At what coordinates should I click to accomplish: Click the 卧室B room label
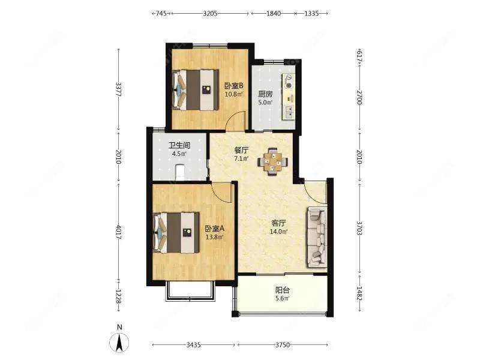tap(234, 86)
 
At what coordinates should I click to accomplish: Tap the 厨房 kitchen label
tap(265, 94)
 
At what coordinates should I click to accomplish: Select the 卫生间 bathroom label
tap(179, 145)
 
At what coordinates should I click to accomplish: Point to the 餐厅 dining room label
tap(241, 150)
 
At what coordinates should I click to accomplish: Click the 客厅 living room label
tap(278, 223)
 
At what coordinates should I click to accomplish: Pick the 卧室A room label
tap(215, 229)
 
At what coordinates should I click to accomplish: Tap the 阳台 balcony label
tap(282, 290)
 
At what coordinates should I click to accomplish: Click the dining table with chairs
tap(273, 161)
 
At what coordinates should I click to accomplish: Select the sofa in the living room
tap(317, 236)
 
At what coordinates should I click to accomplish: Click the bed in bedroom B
tap(196, 90)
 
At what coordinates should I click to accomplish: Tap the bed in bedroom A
tap(176, 233)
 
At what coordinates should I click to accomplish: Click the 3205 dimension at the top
tap(211, 13)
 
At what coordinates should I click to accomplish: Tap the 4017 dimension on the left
tap(119, 233)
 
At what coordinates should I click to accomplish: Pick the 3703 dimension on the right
tap(359, 228)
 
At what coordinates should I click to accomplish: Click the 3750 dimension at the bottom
tap(282, 345)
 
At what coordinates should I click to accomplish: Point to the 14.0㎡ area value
tap(278, 232)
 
